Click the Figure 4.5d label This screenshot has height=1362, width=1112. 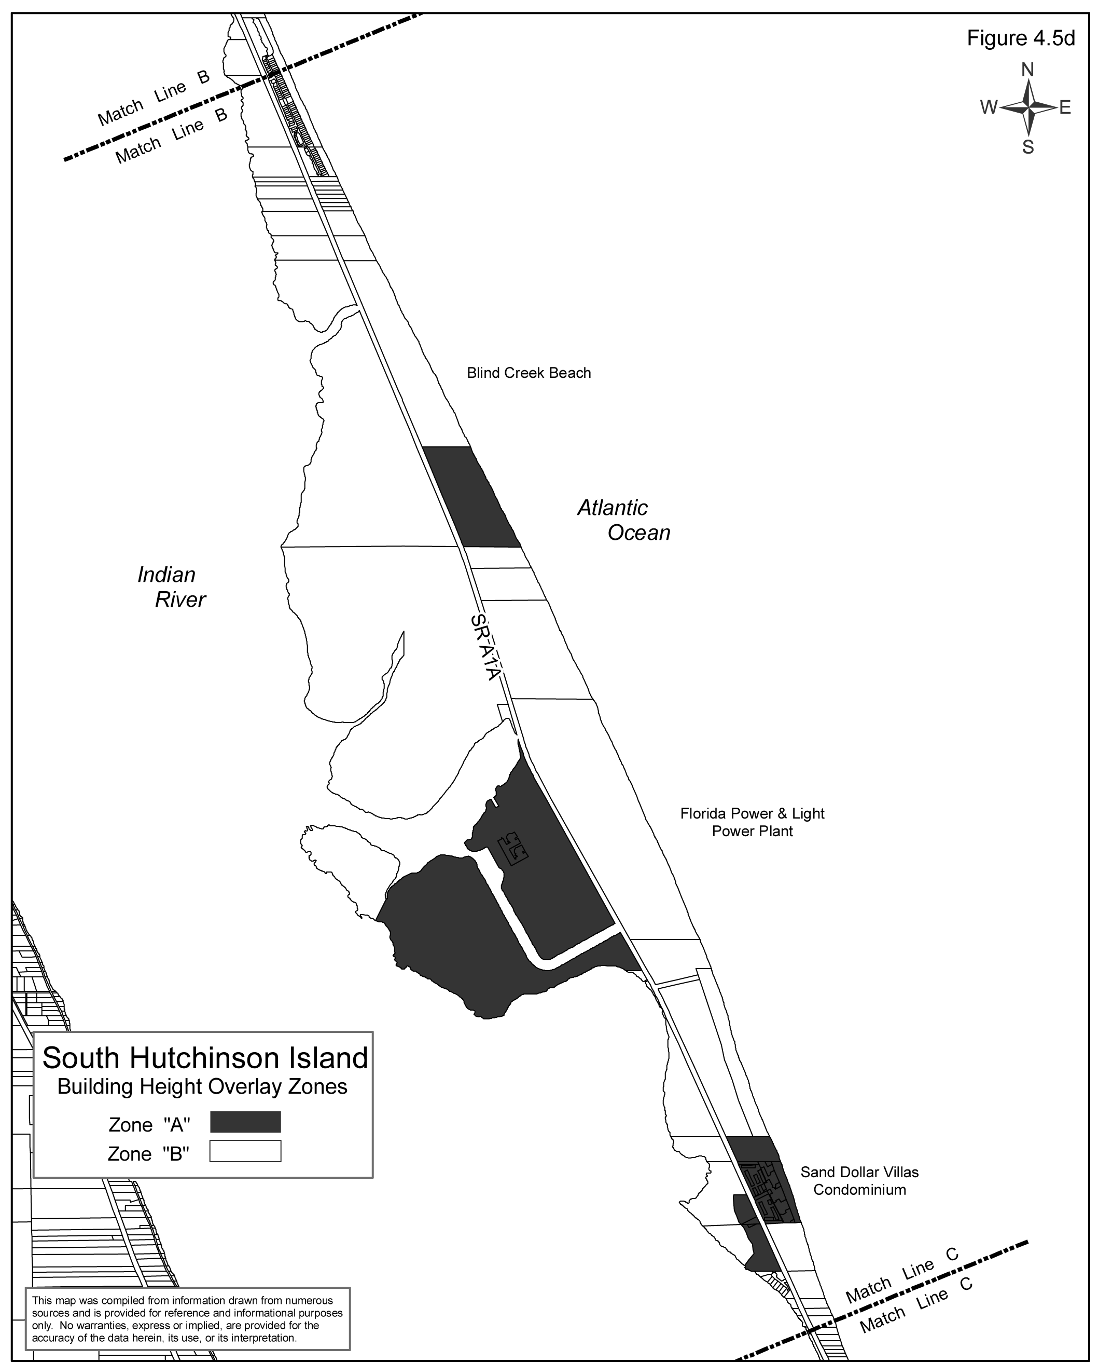(1020, 38)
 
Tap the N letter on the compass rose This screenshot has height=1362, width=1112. (1027, 69)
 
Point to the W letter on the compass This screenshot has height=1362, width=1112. (989, 107)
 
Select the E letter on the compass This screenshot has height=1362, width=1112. (1065, 107)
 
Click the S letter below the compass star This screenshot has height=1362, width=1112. (1027, 147)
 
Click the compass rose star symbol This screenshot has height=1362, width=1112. (1027, 107)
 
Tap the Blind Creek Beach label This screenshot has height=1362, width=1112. (529, 373)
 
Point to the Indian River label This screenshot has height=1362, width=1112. (172, 587)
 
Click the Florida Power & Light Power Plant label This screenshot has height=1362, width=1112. (752, 822)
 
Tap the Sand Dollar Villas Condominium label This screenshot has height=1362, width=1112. (859, 1181)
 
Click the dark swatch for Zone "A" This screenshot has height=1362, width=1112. (245, 1122)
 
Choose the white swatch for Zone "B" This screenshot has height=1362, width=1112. (245, 1151)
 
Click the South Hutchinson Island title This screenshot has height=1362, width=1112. (205, 1058)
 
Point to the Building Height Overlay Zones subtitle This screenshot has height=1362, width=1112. (202, 1087)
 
